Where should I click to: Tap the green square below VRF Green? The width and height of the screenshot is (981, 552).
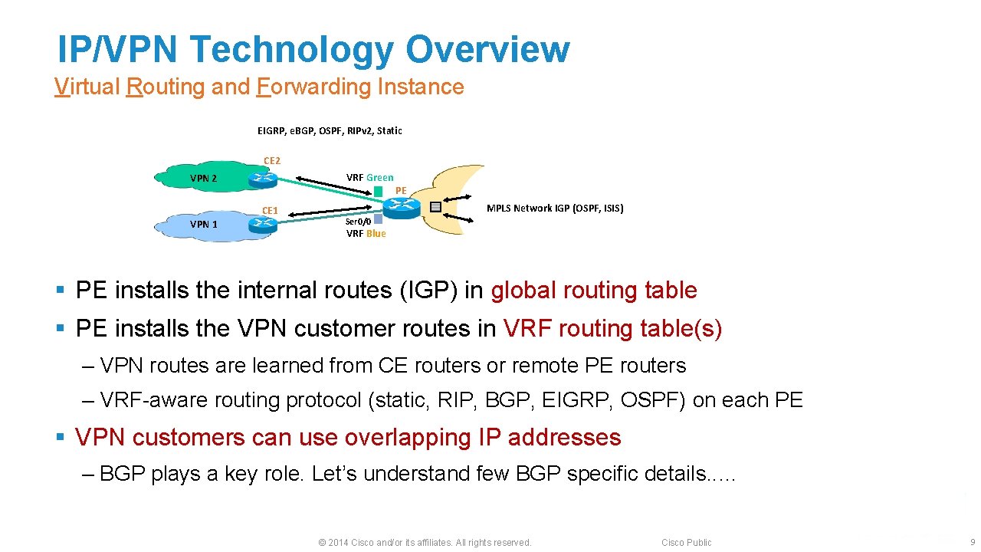pos(379,190)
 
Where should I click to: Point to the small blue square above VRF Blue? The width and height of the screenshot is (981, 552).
pos(378,219)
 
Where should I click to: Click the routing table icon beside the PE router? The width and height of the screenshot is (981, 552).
pos(435,206)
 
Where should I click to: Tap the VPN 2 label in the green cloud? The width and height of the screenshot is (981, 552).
pos(204,179)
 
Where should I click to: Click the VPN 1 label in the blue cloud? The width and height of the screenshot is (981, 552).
pos(204,224)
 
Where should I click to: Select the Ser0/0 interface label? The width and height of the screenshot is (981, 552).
pos(359,221)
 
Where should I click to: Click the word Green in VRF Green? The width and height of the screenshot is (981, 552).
pos(379,177)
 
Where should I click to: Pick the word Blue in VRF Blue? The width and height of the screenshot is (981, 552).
pos(376,233)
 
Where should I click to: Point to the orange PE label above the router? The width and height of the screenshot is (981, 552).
pos(401,190)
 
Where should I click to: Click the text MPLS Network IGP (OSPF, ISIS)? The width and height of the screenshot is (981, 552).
pos(555,208)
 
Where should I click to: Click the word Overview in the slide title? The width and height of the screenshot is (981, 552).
pos(487,49)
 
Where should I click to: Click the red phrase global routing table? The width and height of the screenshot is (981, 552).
pos(594,291)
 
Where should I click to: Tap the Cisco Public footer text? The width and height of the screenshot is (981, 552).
pos(686,542)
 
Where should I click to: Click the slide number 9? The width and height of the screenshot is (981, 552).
pos(972,542)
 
